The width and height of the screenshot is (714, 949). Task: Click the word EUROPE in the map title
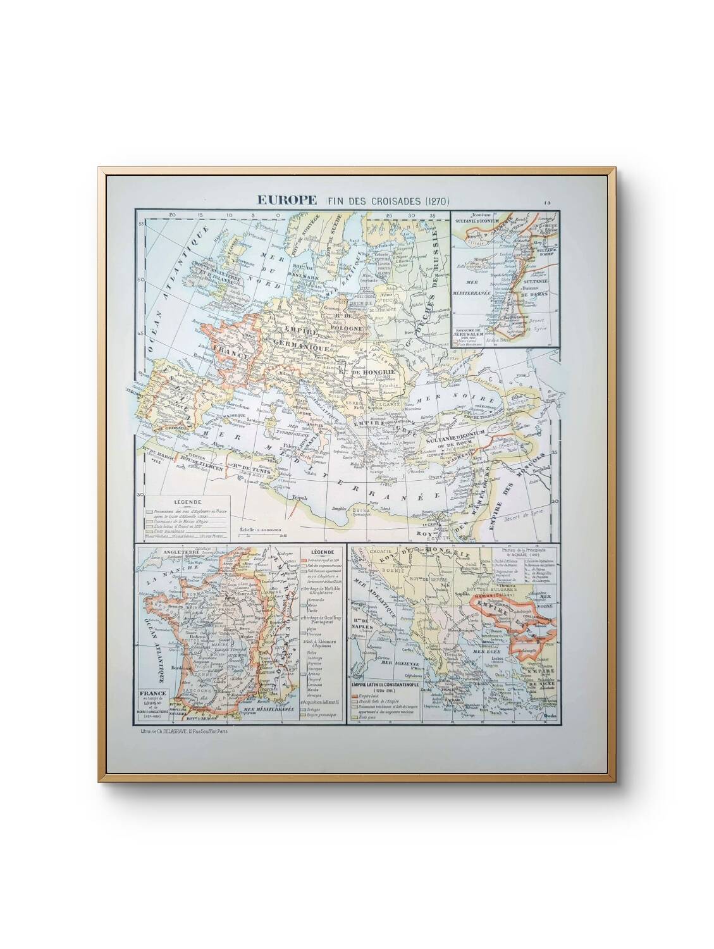pyautogui.click(x=286, y=201)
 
